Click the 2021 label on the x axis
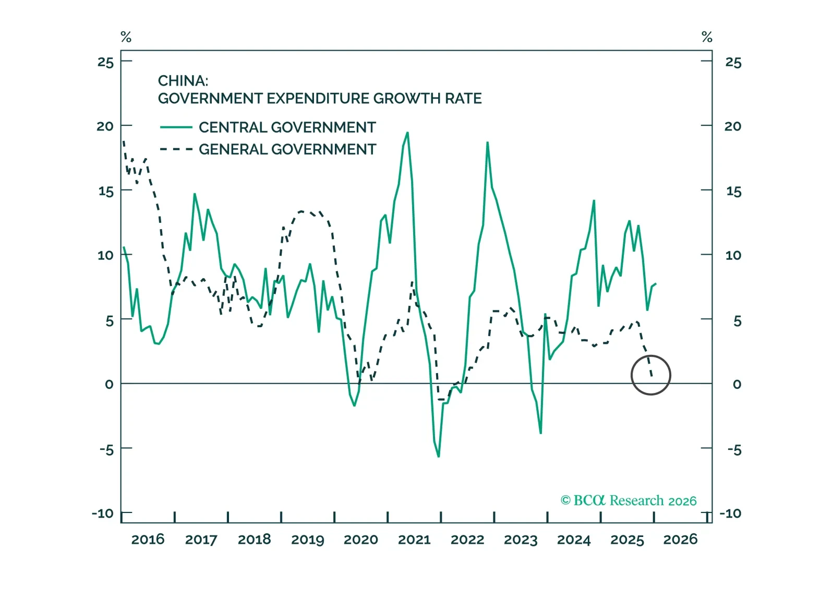414,539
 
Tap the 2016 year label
148,539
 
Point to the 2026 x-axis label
680,539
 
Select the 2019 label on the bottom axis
308,539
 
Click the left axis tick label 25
105,63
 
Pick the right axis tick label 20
733,126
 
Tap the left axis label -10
103,514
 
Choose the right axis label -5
734,450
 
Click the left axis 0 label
109,385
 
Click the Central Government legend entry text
287,127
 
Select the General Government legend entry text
287,149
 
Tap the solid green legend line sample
176,127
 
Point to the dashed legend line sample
176,149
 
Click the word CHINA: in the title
183,81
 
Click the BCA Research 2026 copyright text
629,500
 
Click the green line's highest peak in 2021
407,133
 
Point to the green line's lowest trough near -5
439,457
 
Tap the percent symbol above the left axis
126,37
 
